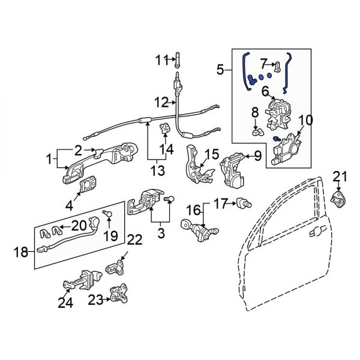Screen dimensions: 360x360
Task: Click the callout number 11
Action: point(162,60)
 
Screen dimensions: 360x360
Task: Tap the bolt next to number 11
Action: point(178,60)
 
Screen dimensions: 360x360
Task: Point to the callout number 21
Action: point(340,176)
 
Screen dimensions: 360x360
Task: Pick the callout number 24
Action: point(65,303)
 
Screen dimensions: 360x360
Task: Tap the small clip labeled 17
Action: point(244,204)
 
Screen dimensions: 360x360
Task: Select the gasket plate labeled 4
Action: point(88,185)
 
